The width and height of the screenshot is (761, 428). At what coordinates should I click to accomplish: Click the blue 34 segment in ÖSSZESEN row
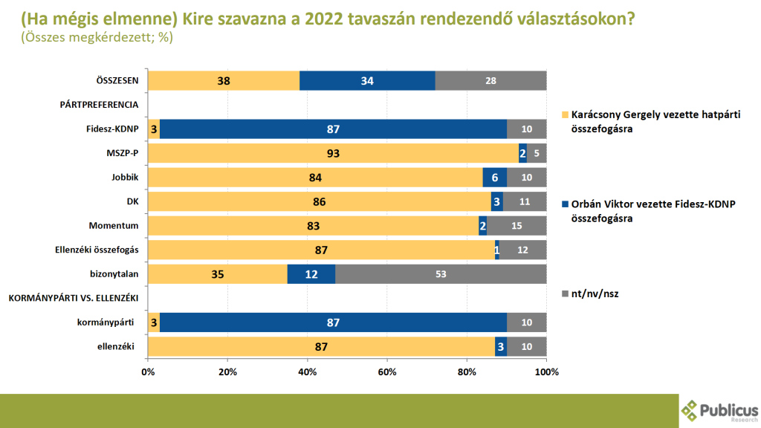[367, 80]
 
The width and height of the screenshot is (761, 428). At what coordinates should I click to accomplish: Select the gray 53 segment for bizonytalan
[439, 274]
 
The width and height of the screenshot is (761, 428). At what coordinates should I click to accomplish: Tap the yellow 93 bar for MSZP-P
[333, 153]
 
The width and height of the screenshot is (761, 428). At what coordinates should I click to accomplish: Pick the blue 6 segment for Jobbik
[494, 178]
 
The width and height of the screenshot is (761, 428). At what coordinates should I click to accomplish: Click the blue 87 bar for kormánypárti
[333, 322]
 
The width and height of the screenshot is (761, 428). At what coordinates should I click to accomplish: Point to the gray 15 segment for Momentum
[516, 226]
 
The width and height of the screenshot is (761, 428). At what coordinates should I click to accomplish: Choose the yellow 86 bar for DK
[320, 201]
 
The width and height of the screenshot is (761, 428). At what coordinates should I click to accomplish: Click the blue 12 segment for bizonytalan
[311, 274]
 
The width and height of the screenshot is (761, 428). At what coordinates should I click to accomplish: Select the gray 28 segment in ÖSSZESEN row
[490, 80]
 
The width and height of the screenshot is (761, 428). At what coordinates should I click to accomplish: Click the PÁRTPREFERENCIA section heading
[99, 105]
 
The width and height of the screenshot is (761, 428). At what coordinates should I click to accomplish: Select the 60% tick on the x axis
[387, 372]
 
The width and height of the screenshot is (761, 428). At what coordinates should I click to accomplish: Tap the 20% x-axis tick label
[227, 372]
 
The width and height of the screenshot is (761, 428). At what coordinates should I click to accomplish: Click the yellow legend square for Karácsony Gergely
[565, 114]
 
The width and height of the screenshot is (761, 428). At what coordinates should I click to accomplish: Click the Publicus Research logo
[719, 409]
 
